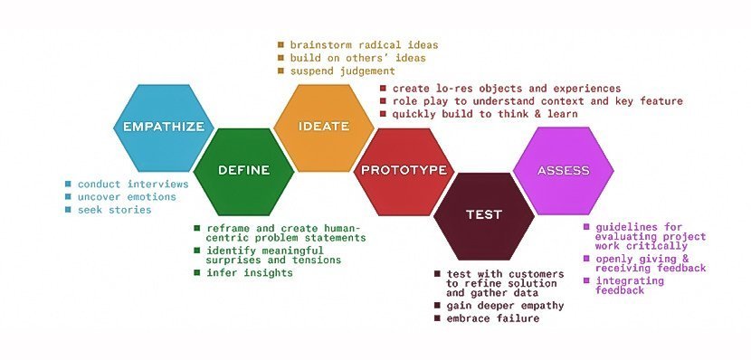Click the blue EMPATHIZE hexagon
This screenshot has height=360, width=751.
(x=163, y=127)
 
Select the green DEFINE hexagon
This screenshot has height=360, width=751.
(x=243, y=170)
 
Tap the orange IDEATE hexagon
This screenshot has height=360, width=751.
(x=323, y=127)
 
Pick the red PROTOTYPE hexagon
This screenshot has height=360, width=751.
(x=404, y=170)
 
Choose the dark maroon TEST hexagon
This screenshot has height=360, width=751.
(x=483, y=214)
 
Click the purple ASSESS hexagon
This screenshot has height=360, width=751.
(x=563, y=170)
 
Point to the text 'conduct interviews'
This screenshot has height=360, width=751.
(x=132, y=184)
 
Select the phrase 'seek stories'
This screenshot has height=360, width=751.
(x=114, y=209)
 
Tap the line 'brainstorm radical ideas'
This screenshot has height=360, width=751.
(x=364, y=44)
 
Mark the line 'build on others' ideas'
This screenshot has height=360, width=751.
(x=356, y=58)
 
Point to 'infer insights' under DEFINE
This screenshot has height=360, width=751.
(x=250, y=272)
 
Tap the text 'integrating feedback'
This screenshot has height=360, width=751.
(x=632, y=286)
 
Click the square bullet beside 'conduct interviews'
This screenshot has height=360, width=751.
(x=68, y=184)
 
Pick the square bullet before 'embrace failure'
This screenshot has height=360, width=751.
(x=438, y=318)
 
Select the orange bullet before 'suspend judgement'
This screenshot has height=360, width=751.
(x=280, y=71)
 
